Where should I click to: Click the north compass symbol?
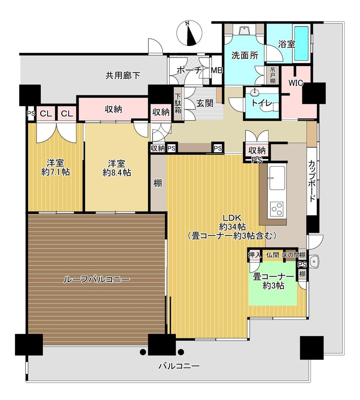[x=189, y=34]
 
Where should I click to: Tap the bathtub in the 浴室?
[x=301, y=43]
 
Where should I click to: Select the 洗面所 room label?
[x=245, y=55]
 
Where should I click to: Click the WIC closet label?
[x=296, y=83]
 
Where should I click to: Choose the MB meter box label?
[x=217, y=70]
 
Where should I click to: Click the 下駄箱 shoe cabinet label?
[x=177, y=103]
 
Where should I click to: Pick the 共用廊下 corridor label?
[x=123, y=76]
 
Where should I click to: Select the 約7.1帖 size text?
[x=55, y=172]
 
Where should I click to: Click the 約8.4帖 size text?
[x=117, y=173]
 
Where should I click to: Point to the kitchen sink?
[x=277, y=178]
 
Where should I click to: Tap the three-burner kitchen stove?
[x=277, y=209]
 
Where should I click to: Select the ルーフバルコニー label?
[x=96, y=279]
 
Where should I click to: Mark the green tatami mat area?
[x=273, y=283]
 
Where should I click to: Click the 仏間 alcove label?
[x=273, y=254]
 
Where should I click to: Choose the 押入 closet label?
[x=255, y=254]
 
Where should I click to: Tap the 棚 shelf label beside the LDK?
[x=158, y=183]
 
